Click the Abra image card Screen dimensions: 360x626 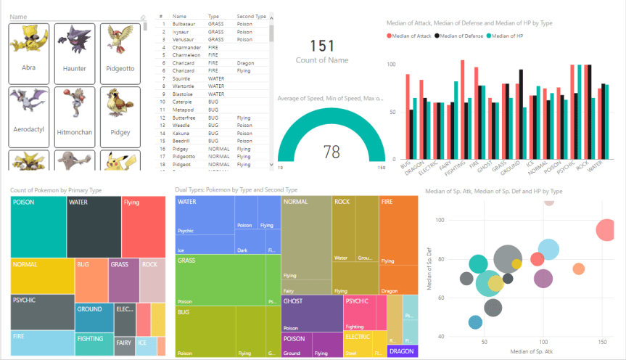[x=29, y=52]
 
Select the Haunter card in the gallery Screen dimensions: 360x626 [x=75, y=52]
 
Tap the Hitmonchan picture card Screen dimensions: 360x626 [x=75, y=116]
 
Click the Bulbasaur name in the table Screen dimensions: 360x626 [x=185, y=24]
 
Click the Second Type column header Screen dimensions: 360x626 [x=251, y=15]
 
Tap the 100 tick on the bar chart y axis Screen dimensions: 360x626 [x=391, y=65]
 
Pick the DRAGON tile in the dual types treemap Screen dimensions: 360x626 [x=402, y=351]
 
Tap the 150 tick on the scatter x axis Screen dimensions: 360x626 [x=602, y=340]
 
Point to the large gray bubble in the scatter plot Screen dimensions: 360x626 [x=508, y=260]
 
